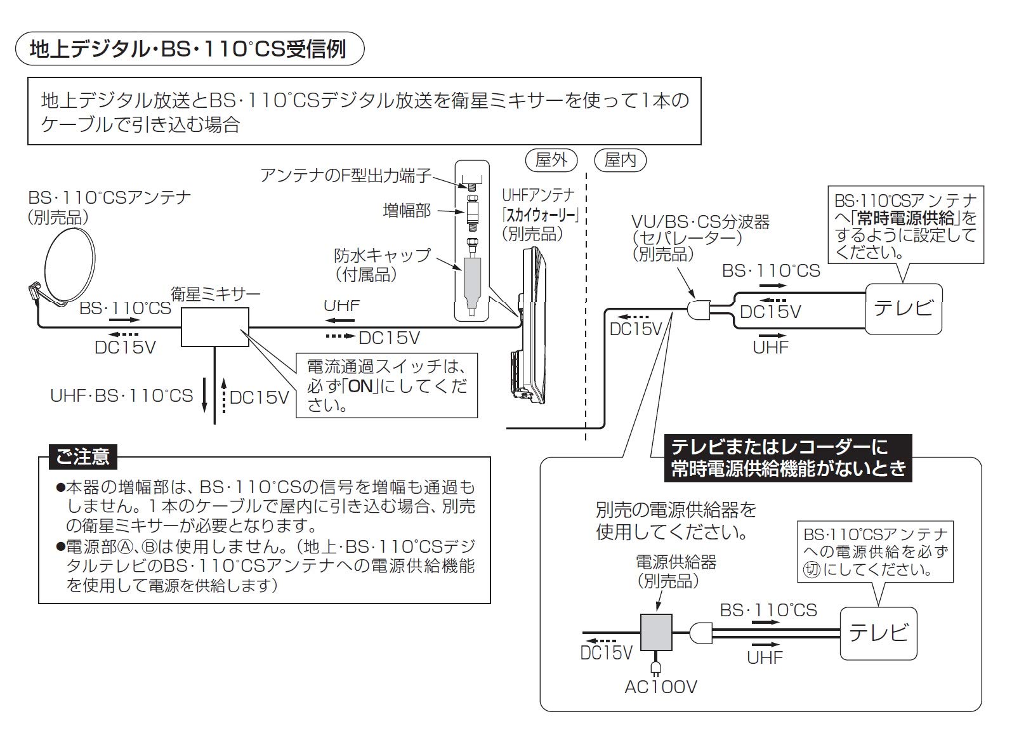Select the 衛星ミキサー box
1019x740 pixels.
coord(215,327)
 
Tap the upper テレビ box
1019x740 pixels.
coord(904,309)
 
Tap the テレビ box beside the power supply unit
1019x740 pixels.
coord(878,633)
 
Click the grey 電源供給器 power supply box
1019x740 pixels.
coord(656,632)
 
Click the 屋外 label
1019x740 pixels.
coord(551,160)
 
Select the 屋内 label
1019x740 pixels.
coord(620,160)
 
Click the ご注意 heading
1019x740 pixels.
coord(82,456)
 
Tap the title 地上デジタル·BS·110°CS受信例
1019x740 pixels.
coord(188,49)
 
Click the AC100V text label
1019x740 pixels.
coord(661,687)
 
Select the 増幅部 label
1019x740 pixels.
coord(407,210)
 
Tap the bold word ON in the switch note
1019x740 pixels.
coord(362,387)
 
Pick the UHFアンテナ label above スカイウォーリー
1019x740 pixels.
coord(538,195)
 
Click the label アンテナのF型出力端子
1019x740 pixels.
coord(346,176)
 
